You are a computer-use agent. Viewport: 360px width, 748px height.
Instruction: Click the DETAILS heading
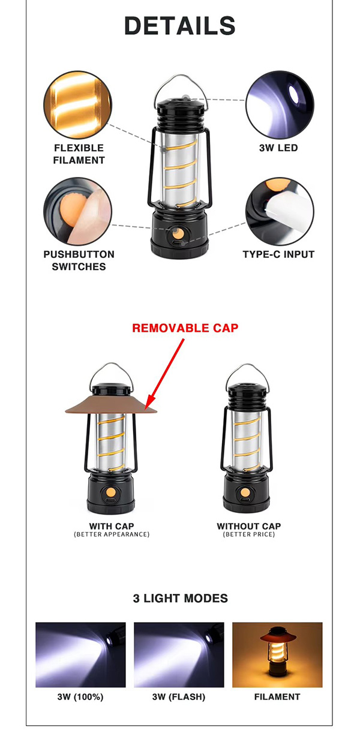[179, 26]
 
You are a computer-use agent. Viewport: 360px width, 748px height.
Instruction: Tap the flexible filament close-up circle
[78, 104]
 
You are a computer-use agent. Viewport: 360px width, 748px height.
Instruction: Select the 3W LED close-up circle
[280, 104]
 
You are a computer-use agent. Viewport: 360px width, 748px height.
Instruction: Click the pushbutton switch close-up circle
[78, 211]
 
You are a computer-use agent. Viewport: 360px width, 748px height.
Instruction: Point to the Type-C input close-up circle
[280, 211]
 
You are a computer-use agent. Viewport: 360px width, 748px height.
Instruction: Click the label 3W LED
[278, 148]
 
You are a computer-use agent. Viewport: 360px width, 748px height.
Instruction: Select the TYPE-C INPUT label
[278, 254]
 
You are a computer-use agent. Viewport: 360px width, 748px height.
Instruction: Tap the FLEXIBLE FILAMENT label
[79, 154]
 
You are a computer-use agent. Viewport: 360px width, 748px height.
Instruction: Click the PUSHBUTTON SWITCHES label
[79, 260]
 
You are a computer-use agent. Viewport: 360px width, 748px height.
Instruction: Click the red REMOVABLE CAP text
[185, 328]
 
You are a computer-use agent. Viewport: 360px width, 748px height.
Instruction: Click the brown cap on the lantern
[111, 405]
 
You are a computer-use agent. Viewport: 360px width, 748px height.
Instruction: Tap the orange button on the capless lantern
[245, 492]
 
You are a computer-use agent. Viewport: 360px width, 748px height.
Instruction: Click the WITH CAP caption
[112, 526]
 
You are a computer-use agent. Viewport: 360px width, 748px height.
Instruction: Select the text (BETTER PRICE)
[249, 534]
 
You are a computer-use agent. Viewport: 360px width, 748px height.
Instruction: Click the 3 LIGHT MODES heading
[181, 599]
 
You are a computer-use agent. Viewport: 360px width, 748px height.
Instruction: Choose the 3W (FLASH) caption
[179, 697]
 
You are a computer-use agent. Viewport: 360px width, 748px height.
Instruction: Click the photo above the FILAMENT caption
[278, 655]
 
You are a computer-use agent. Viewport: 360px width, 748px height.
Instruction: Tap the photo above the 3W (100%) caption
[80, 655]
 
